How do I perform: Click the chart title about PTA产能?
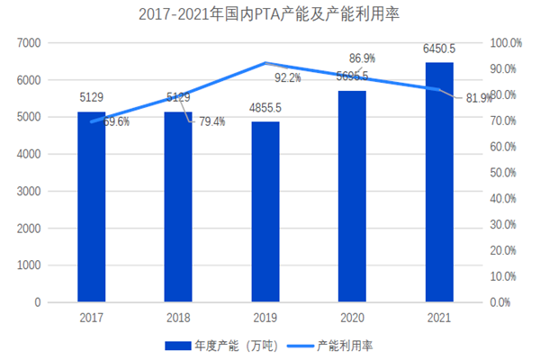pos(270,15)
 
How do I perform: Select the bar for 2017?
pos(91,207)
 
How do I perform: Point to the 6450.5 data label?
pos(439,47)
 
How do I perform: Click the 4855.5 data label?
pos(265,108)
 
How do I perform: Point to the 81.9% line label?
pos(476,98)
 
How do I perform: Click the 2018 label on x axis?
pos(178,317)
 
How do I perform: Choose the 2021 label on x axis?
pos(439,317)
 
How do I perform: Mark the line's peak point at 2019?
pos(265,63)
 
